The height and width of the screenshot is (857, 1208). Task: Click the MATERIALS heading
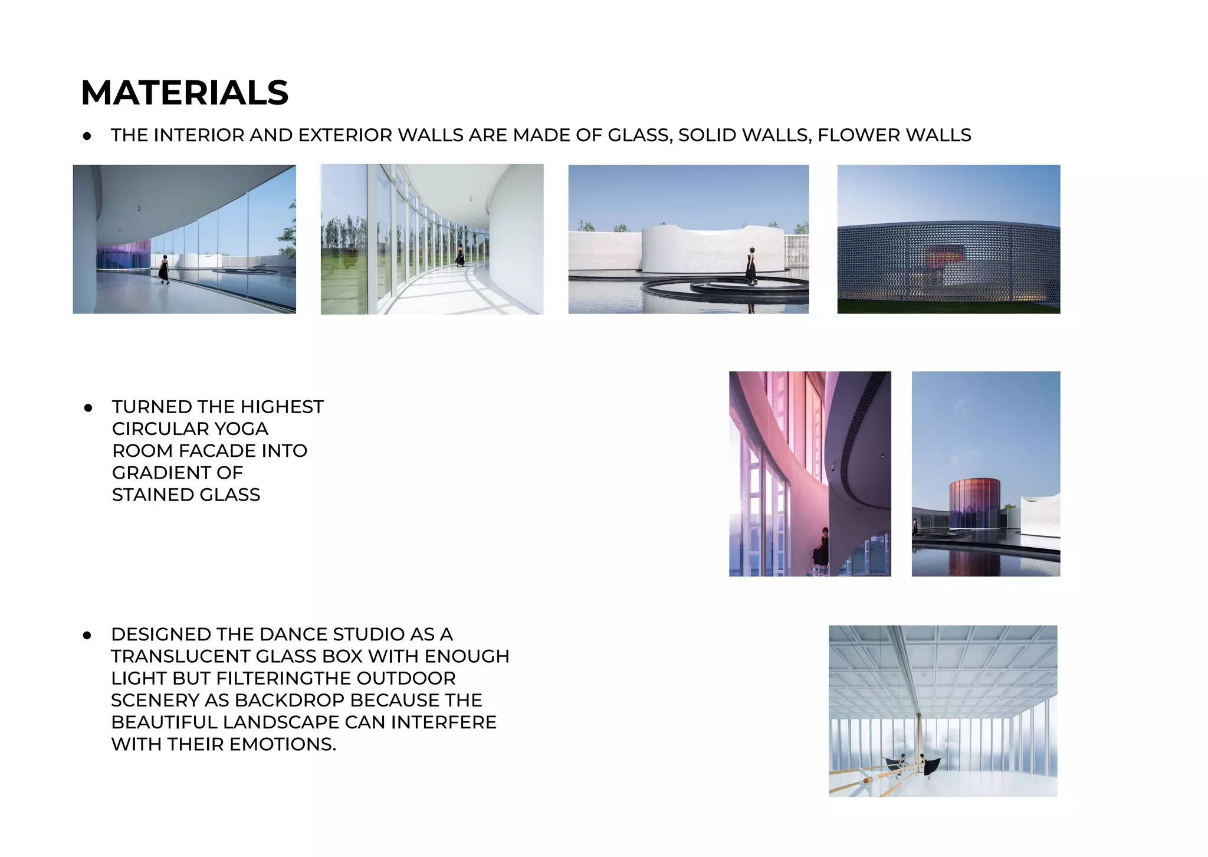[185, 93]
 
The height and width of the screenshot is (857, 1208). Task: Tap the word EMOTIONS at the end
[283, 744]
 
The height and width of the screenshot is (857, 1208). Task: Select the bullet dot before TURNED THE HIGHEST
[88, 408]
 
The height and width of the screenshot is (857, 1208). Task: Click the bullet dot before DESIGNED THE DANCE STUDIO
[87, 636]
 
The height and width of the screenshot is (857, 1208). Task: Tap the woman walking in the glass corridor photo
[164, 270]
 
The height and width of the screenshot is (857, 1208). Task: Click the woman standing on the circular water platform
[751, 267]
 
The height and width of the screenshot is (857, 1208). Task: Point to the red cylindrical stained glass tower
[974, 503]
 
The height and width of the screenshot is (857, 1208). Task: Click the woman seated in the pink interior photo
[821, 547]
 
